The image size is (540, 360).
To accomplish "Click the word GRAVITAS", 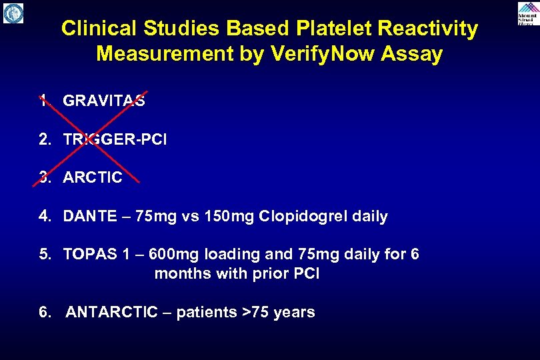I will tap(104, 101).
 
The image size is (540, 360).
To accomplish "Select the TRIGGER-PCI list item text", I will tap(115, 140).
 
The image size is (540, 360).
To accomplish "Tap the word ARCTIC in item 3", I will tap(93, 178).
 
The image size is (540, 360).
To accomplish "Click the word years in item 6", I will tap(293, 312).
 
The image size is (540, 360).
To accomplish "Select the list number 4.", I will tap(44, 217).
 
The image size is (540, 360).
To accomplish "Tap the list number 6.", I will tap(44, 312).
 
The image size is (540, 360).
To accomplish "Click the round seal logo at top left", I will tap(13, 13).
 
